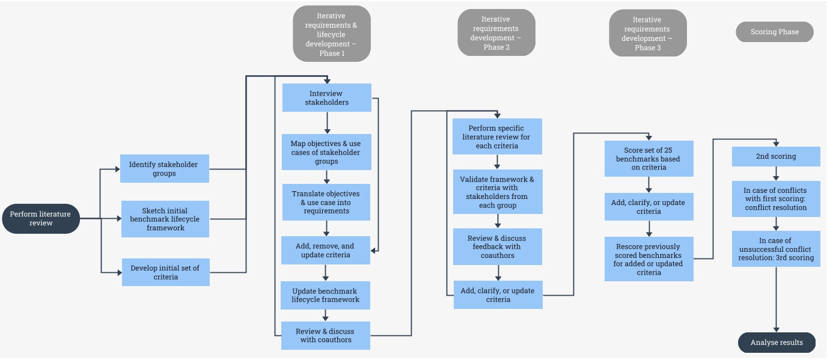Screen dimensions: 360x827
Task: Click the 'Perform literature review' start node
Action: pos(41,219)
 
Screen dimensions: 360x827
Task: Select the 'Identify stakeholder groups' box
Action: pos(165,169)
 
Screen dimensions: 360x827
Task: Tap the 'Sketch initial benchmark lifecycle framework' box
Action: pos(165,219)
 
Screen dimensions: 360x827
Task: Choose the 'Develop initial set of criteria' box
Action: pos(165,272)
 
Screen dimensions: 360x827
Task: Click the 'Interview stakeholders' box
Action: pos(326,97)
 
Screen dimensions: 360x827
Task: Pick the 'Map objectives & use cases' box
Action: pos(326,152)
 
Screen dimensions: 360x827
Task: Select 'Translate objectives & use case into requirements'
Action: pos(326,202)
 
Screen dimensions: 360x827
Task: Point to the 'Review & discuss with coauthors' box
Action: pos(325,335)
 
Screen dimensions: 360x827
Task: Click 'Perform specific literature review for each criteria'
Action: pos(497,136)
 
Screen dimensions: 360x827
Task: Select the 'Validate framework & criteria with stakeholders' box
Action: pos(497,192)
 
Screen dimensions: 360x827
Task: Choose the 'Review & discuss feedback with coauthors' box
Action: pos(497,246)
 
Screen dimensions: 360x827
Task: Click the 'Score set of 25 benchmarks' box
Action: pos(649,159)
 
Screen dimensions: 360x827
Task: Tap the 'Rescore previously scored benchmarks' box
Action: pos(648,259)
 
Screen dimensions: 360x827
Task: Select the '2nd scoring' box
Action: pos(775,156)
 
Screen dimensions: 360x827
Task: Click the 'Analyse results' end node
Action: pos(777,343)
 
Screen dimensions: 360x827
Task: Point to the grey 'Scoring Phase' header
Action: pos(774,32)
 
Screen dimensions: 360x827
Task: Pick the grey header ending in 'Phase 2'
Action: pos(496,33)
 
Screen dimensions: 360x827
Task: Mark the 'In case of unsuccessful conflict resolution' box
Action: pos(775,249)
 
